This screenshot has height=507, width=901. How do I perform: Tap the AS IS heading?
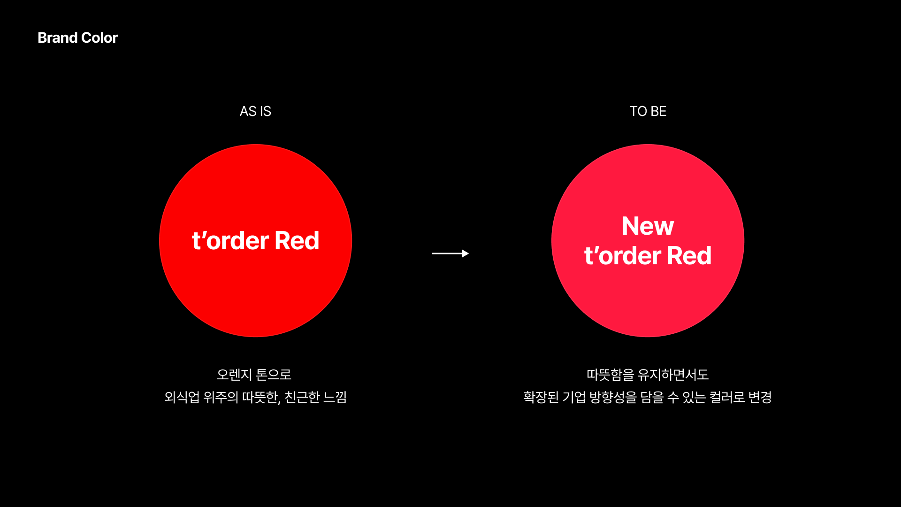coord(255,111)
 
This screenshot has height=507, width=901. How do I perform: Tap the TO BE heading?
coord(648,111)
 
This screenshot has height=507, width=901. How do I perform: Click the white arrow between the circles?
coord(448,253)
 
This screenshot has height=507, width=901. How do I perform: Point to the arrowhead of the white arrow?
coord(465,253)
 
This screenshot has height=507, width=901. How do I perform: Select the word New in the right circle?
coord(648,226)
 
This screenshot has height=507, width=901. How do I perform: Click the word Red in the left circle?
coord(297,241)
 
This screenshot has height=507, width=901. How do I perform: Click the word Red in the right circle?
coord(689,256)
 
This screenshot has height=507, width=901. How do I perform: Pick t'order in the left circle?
coord(230,241)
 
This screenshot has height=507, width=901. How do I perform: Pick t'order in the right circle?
coord(622,256)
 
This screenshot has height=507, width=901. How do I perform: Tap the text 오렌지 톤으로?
coord(254,375)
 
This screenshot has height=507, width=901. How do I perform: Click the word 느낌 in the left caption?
coord(335,397)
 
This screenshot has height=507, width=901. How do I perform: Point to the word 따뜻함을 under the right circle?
coord(610,375)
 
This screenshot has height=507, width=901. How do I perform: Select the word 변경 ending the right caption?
coord(760,397)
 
